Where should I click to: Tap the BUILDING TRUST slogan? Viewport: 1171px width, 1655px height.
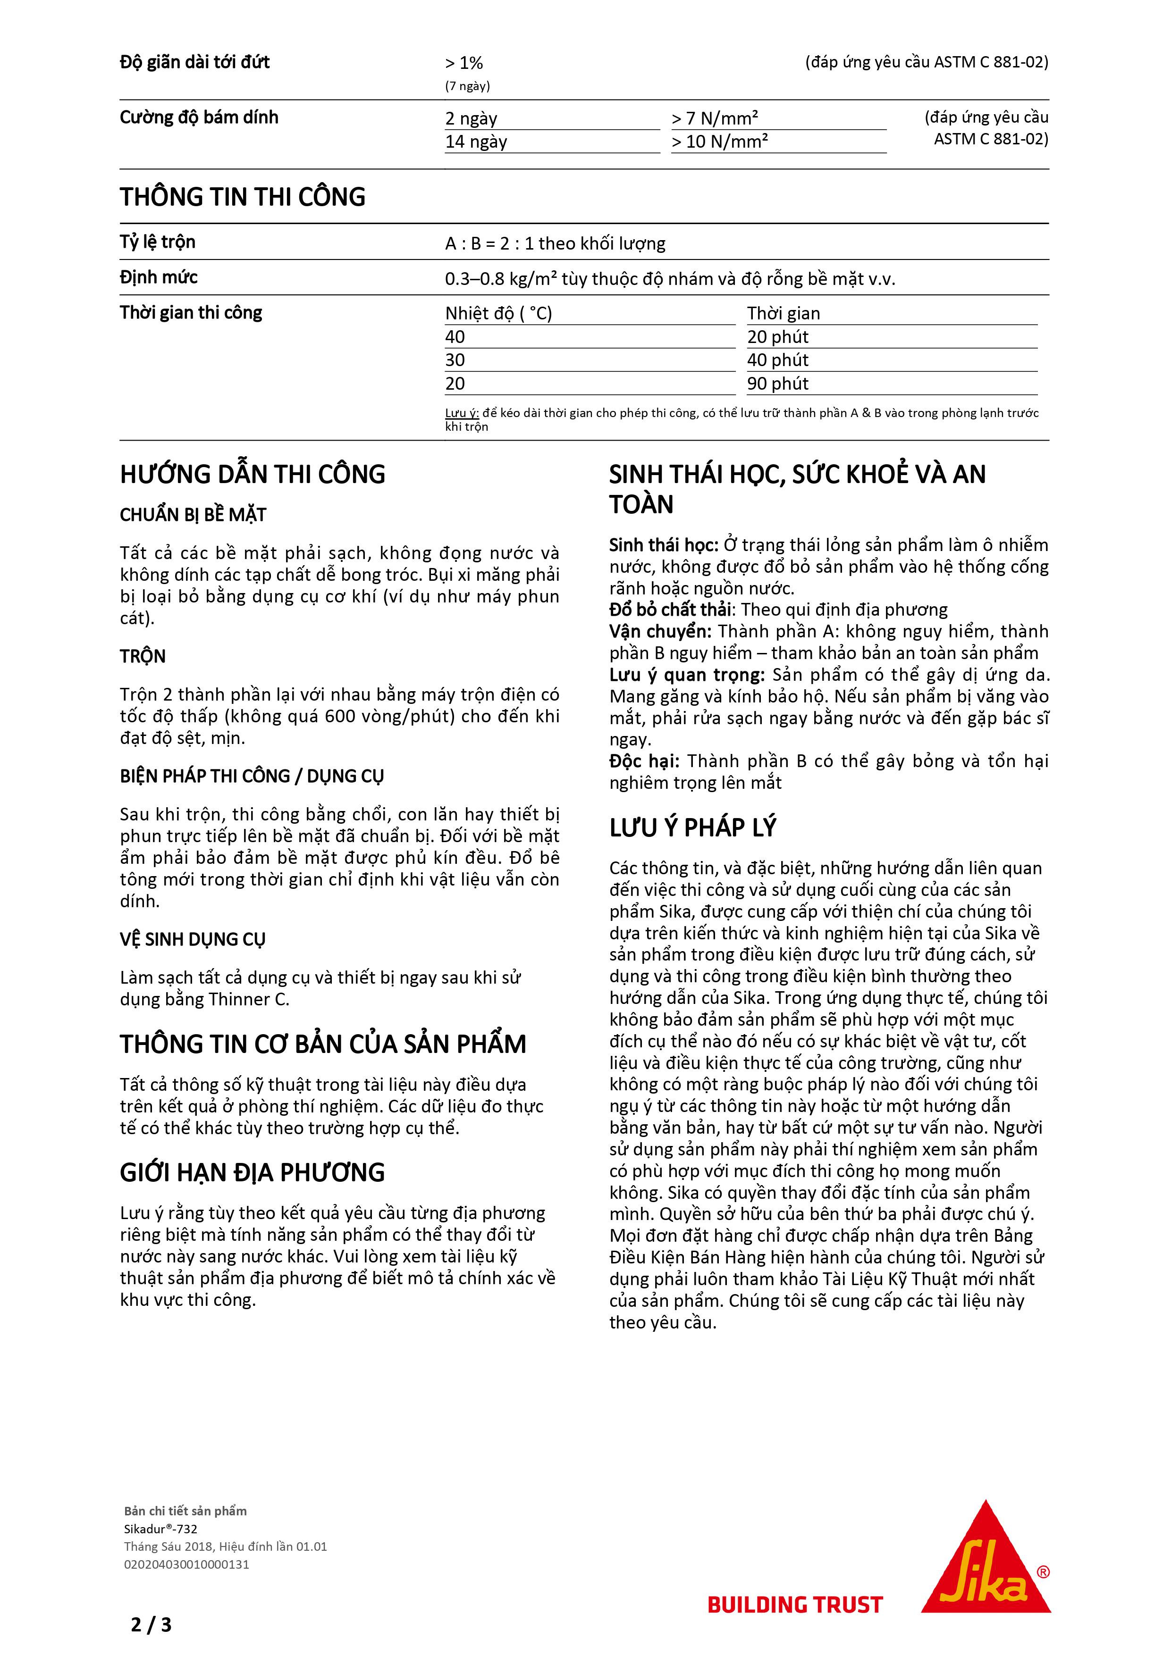pyautogui.click(x=795, y=1605)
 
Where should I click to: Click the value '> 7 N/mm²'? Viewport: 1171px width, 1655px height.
pyautogui.click(x=715, y=118)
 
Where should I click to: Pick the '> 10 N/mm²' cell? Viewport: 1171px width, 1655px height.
pyautogui.click(x=720, y=141)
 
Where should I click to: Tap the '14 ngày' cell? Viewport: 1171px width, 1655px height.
pyautogui.click(x=476, y=141)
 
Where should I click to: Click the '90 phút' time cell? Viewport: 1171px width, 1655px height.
pyautogui.click(x=777, y=384)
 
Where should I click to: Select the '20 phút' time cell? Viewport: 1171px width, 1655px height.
pyautogui.click(x=777, y=337)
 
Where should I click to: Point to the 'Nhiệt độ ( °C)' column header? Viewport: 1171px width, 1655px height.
pyautogui.click(x=498, y=314)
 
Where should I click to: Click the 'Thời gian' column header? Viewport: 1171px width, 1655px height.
pyautogui.click(x=783, y=314)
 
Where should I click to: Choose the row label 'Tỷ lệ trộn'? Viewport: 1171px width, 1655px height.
pyautogui.click(x=157, y=242)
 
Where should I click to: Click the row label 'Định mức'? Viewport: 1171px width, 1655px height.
pyautogui.click(x=159, y=277)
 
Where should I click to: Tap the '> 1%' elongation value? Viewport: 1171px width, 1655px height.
pyautogui.click(x=463, y=63)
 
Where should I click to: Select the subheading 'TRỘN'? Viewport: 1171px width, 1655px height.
pyautogui.click(x=143, y=656)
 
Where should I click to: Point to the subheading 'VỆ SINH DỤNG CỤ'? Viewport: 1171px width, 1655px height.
pyautogui.click(x=193, y=939)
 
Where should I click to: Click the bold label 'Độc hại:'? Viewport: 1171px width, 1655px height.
pyautogui.click(x=644, y=761)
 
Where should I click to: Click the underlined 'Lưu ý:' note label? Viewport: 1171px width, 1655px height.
pyautogui.click(x=462, y=413)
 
